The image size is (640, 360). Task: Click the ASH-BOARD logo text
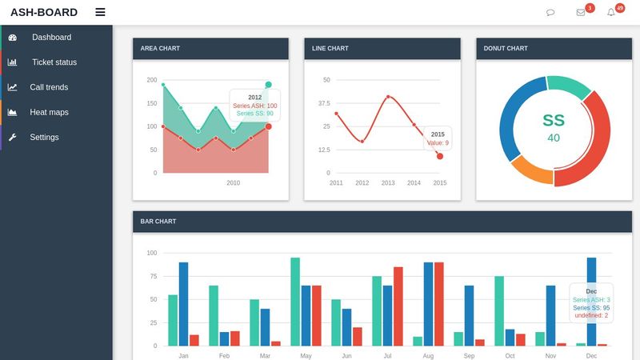point(44,12)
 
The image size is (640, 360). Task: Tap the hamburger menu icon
point(100,12)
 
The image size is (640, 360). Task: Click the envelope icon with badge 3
point(581,12)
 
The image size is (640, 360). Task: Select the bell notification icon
point(611,12)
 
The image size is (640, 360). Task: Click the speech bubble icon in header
point(550,12)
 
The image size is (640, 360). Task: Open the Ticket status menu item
point(54,62)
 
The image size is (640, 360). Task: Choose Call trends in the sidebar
point(49,87)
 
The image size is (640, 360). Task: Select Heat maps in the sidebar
point(49,112)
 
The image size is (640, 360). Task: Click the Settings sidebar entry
point(44,137)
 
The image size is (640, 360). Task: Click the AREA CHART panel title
point(160,49)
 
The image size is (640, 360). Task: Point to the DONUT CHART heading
point(506,49)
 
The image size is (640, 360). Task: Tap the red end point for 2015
point(440,156)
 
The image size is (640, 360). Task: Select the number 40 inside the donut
point(554,138)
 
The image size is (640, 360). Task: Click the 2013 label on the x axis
point(388,183)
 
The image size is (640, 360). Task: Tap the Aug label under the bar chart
point(428,355)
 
